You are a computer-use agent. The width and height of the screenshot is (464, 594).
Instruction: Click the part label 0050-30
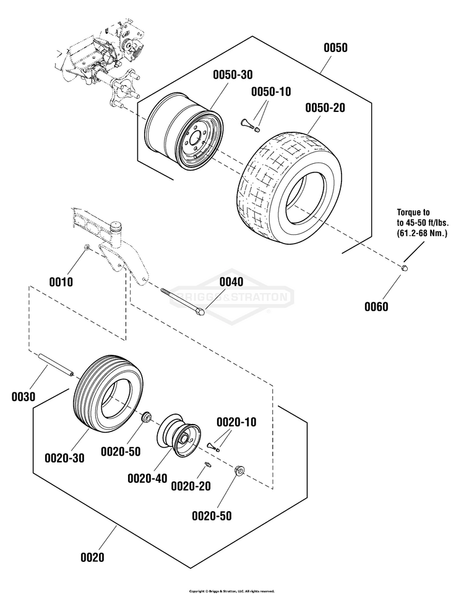(233, 75)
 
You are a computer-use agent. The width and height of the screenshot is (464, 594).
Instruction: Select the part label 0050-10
(270, 91)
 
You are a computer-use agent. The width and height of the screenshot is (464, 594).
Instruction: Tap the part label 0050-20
(325, 108)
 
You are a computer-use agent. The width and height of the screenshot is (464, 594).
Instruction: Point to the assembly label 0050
(335, 48)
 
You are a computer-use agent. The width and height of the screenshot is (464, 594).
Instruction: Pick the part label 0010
(61, 282)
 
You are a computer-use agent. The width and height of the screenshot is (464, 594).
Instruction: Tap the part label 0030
(23, 396)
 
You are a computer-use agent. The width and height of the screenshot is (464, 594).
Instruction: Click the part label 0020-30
(64, 457)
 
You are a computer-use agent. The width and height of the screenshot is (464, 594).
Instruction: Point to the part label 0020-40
(147, 478)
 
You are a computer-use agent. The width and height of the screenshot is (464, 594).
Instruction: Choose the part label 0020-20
(191, 487)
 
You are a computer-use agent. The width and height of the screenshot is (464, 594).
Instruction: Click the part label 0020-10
(236, 422)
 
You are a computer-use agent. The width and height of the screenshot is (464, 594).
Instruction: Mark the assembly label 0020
(92, 557)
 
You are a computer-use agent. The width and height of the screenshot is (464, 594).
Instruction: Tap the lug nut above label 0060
(404, 268)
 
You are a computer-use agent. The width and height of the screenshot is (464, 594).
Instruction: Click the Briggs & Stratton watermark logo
(232, 297)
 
